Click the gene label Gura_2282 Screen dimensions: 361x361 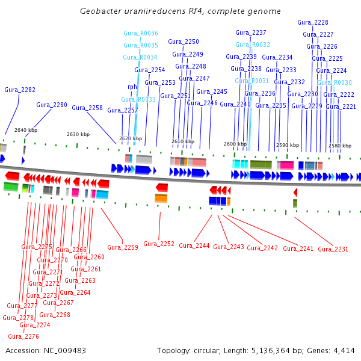(20, 90)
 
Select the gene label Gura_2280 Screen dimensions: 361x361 (52, 105)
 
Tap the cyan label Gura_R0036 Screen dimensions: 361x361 (141, 33)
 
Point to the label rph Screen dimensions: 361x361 (132, 87)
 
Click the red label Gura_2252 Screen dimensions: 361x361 (159, 244)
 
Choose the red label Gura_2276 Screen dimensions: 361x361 (23, 336)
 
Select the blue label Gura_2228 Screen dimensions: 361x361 (313, 22)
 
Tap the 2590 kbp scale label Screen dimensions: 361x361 (288, 145)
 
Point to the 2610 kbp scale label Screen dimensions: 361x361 (183, 141)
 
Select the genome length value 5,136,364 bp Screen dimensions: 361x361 (291, 350)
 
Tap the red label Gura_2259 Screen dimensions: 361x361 (123, 247)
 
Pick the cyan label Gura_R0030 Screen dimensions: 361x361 (335, 82)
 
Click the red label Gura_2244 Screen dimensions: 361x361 (194, 245)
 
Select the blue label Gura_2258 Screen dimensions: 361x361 (87, 108)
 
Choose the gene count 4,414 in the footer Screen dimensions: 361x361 (344, 350)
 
